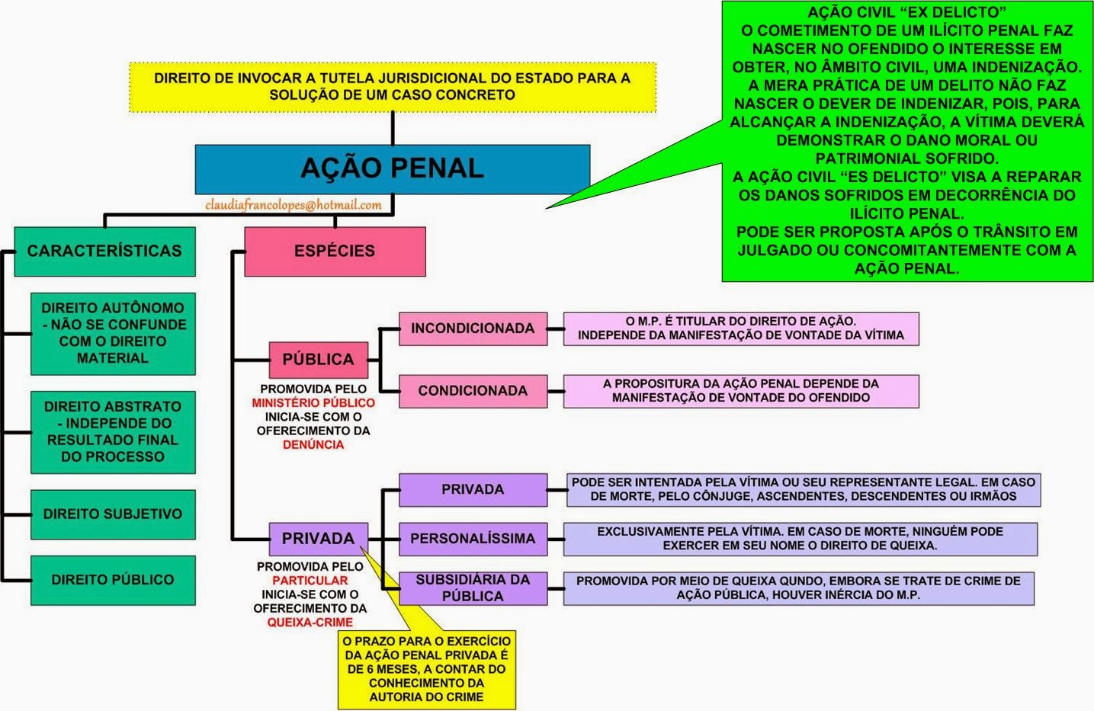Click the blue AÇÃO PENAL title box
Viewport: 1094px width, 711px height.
[x=392, y=168]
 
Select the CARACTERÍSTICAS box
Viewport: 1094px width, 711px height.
[x=104, y=251]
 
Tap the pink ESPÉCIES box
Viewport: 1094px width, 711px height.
[x=335, y=251]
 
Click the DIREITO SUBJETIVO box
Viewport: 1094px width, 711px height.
[x=113, y=514]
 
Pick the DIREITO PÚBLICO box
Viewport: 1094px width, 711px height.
[x=113, y=580]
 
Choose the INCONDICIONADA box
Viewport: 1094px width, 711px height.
[x=473, y=328]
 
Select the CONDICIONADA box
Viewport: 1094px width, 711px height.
[x=473, y=391]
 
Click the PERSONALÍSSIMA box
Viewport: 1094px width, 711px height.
[x=473, y=539]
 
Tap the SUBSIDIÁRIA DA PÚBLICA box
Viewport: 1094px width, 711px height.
[x=473, y=588]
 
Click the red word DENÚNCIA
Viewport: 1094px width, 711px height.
[x=313, y=445]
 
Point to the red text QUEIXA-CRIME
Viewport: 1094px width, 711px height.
[x=310, y=623]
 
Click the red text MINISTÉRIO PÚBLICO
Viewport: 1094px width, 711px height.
[x=313, y=403]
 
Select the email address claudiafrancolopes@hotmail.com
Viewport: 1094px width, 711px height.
[x=294, y=205]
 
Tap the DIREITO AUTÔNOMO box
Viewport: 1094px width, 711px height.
[x=113, y=333]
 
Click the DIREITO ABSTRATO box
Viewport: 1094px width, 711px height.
[x=113, y=432]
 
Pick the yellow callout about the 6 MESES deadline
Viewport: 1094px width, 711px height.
[x=427, y=669]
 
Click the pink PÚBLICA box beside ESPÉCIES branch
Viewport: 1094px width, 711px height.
[x=318, y=360]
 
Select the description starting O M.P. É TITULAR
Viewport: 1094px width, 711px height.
[x=741, y=328]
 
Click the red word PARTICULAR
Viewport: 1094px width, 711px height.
[x=310, y=581]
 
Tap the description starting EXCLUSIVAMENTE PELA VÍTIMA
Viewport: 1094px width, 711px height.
[x=800, y=539]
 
